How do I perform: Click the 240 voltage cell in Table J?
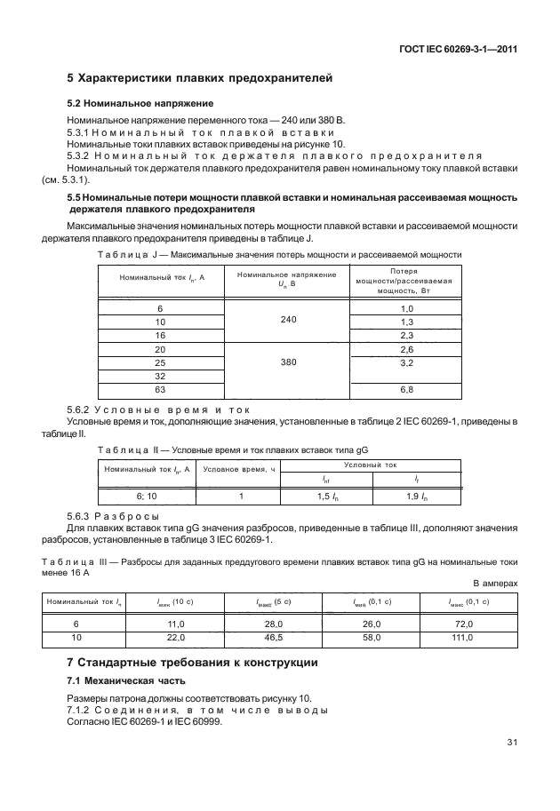[x=288, y=320]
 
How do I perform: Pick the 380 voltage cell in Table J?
[x=288, y=362]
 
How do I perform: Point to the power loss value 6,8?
[x=407, y=389]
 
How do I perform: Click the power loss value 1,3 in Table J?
[x=407, y=321]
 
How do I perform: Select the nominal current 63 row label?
[x=160, y=389]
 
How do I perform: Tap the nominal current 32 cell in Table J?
[x=160, y=376]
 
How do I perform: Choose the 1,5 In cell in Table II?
[x=324, y=497]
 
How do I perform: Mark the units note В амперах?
[x=494, y=583]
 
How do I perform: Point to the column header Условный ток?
[x=370, y=465]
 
